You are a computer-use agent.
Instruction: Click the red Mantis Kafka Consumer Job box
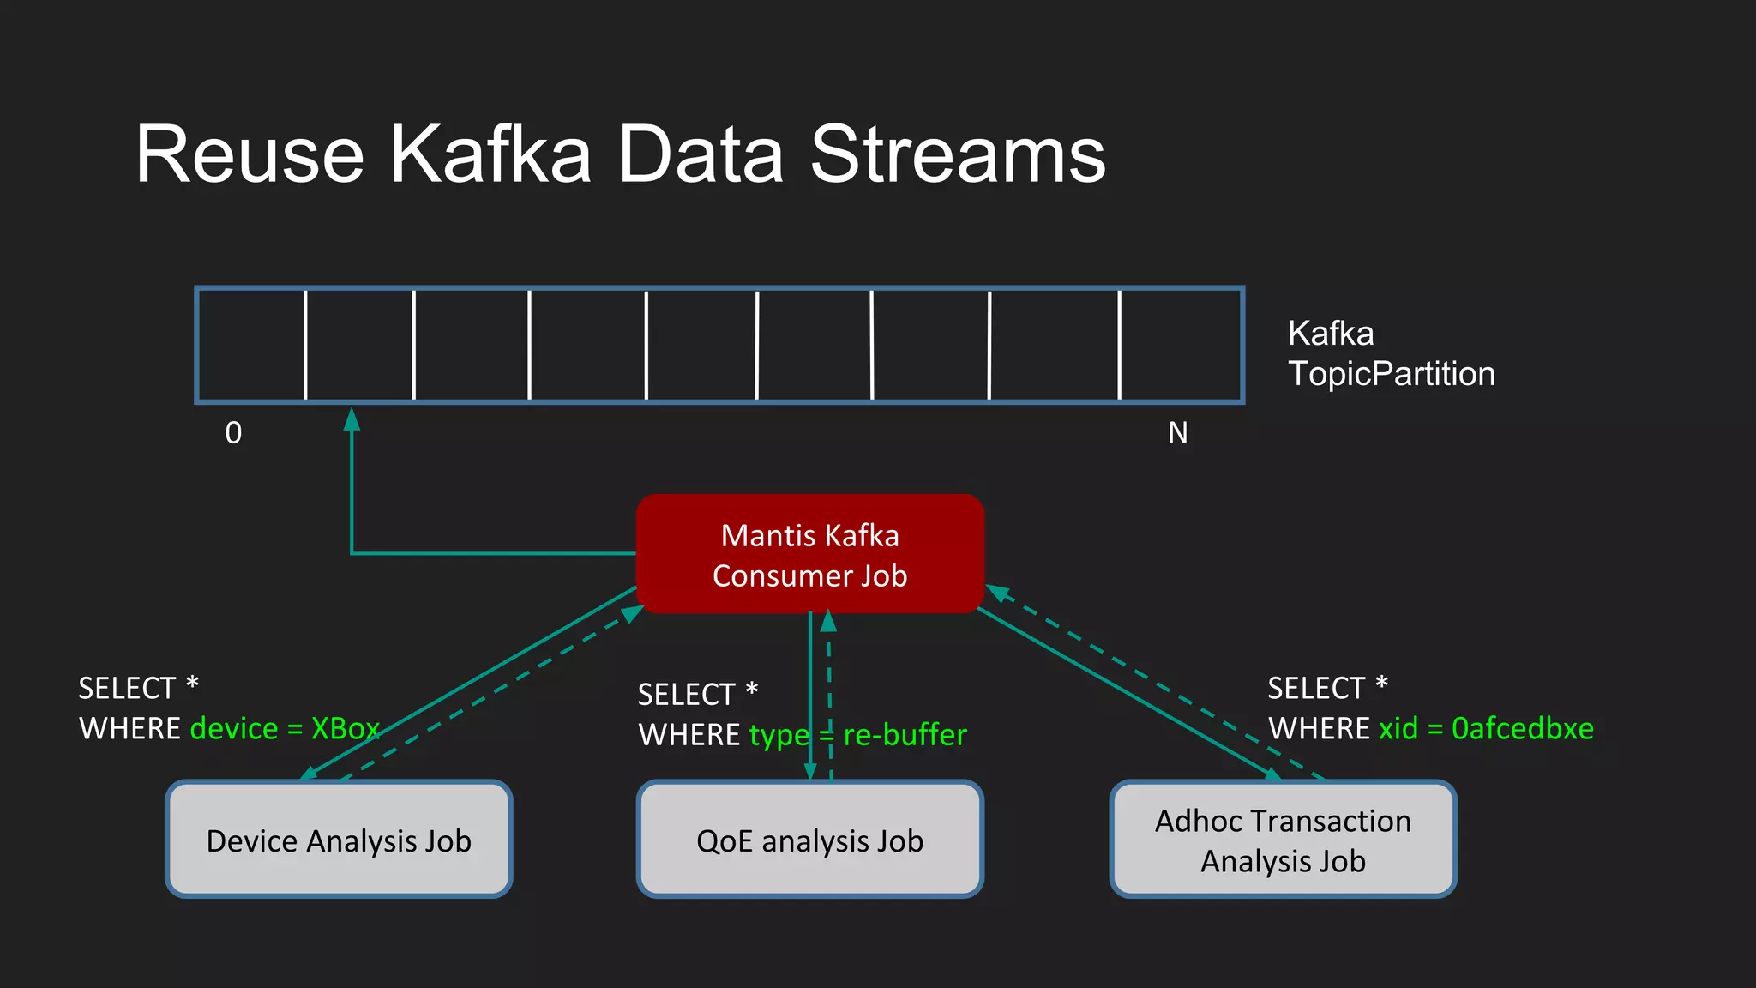coord(809,554)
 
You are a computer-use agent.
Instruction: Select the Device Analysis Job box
coord(339,840)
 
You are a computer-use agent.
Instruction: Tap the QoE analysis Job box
coord(809,840)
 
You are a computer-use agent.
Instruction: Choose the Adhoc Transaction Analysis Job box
coord(1283,840)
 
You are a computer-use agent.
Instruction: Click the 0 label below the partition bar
coord(233,433)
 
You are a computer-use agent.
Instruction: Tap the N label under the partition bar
coord(1177,433)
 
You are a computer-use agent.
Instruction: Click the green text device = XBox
coord(284,729)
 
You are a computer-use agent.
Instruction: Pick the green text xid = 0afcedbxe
coord(1485,729)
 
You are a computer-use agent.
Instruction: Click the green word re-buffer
coord(905,735)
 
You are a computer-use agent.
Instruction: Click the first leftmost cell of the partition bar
coord(251,345)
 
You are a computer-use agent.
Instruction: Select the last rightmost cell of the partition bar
coord(1181,345)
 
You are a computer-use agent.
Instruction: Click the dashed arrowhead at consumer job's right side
coord(997,592)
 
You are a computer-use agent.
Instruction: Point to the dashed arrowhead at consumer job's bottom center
coord(828,621)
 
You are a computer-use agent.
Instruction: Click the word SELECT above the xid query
coord(1315,688)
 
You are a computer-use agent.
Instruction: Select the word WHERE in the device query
coord(129,729)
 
